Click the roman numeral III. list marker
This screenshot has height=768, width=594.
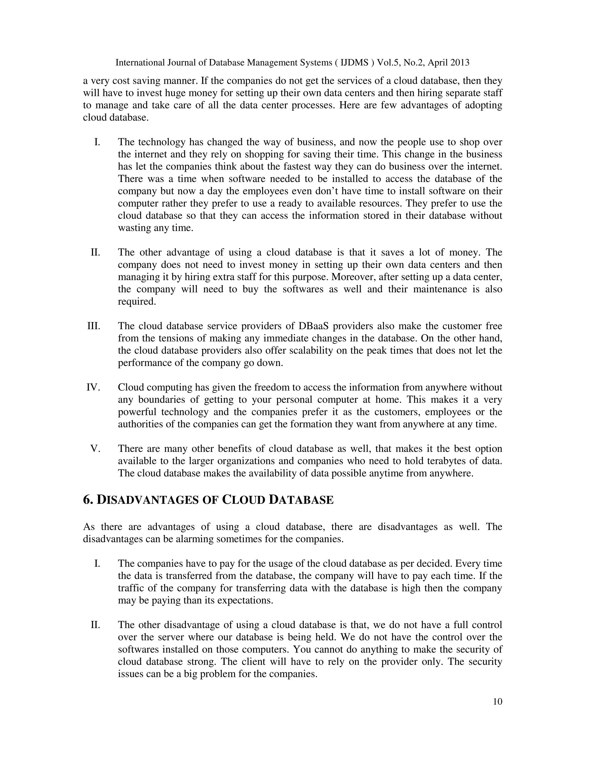pos(94,326)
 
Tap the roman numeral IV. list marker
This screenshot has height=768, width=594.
pos(93,387)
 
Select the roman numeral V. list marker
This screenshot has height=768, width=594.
pos(95,449)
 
